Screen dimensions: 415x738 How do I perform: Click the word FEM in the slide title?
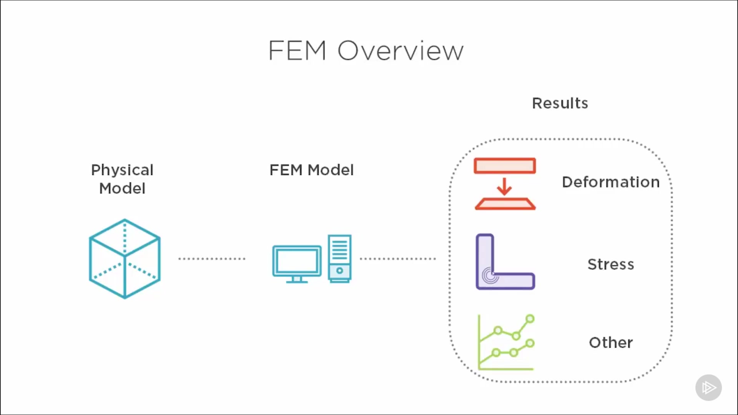click(x=297, y=51)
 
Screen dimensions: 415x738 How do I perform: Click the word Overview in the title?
click(x=401, y=51)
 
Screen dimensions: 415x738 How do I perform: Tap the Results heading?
click(x=560, y=103)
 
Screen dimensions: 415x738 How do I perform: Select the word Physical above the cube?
click(x=122, y=170)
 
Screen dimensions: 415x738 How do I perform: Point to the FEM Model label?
click(x=311, y=170)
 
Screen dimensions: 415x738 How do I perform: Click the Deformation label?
click(x=610, y=182)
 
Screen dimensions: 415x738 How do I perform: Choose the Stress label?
click(x=610, y=264)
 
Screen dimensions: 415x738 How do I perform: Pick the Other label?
click(x=610, y=342)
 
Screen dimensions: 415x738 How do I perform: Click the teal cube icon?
click(x=125, y=259)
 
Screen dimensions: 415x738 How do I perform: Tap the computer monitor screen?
click(x=297, y=261)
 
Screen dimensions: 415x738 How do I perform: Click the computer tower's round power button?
click(x=339, y=271)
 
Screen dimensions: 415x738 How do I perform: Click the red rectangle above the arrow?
click(x=505, y=166)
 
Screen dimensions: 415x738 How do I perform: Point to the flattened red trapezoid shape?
click(x=505, y=204)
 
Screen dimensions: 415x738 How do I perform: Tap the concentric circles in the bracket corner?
click(x=490, y=275)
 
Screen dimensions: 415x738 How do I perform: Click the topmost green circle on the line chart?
click(x=530, y=319)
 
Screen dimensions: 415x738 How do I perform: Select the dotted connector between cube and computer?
click(x=211, y=259)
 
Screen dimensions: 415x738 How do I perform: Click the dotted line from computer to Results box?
click(x=397, y=259)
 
